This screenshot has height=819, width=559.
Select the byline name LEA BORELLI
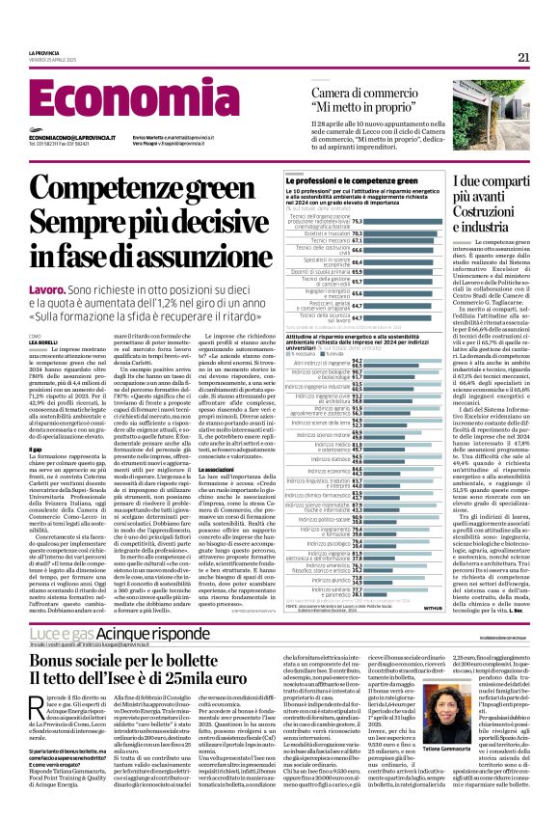click(43, 342)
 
